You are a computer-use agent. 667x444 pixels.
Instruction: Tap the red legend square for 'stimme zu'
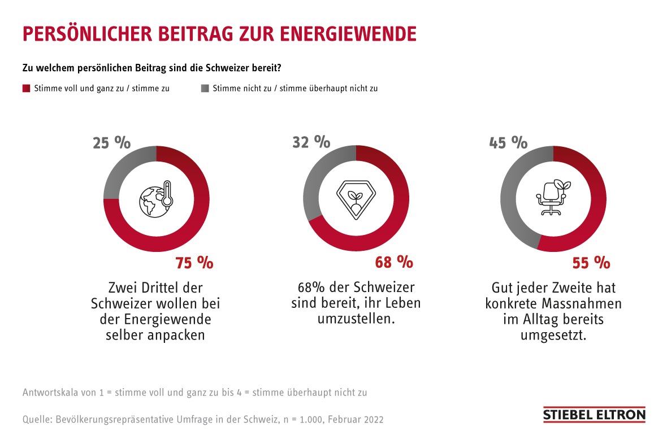pyautogui.click(x=25, y=89)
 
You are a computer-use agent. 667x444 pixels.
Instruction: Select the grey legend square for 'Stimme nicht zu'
pyautogui.click(x=205, y=89)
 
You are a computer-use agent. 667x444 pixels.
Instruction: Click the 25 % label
pyautogui.click(x=111, y=142)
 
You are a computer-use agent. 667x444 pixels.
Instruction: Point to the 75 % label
pyautogui.click(x=194, y=262)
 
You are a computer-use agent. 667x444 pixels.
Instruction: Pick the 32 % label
pyautogui.click(x=311, y=142)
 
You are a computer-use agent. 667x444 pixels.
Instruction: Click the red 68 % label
pyautogui.click(x=394, y=262)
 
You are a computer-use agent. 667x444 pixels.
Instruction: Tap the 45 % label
pyautogui.click(x=508, y=142)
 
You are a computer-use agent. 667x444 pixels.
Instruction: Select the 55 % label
pyautogui.click(x=591, y=262)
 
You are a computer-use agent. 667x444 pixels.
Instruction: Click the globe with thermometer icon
pyautogui.click(x=156, y=199)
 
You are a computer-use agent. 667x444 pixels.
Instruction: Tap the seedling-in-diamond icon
pyautogui.click(x=356, y=199)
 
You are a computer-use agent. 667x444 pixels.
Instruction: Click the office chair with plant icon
pyautogui.click(x=552, y=198)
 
